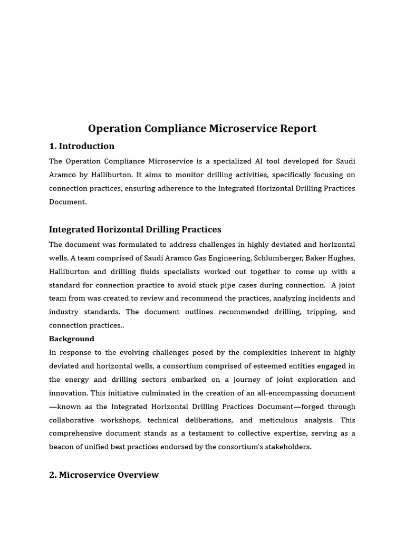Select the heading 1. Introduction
pyautogui.click(x=82, y=146)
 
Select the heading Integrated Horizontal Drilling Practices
pyautogui.click(x=135, y=229)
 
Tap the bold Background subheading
pyautogui.click(x=72, y=339)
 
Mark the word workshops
pyautogui.click(x=121, y=420)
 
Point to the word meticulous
pyautogui.click(x=284, y=420)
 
